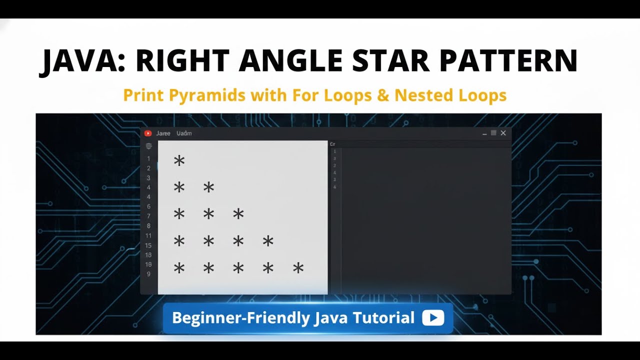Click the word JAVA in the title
coord(80,61)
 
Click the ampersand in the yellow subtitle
coord(383,95)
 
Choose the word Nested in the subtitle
coord(423,95)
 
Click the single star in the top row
coord(179,160)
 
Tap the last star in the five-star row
coord(298,268)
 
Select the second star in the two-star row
coord(208,187)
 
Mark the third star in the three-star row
coord(238,214)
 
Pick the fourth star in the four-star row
coord(268,241)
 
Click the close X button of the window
coord(503,133)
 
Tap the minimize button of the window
coord(484,134)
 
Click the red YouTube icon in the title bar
coord(148,133)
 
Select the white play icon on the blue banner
coord(432,318)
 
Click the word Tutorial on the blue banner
coord(383,318)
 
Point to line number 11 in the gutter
coord(148,236)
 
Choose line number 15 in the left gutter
coord(148,245)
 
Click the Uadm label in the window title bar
coord(184,133)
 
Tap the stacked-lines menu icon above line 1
coord(148,146)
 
